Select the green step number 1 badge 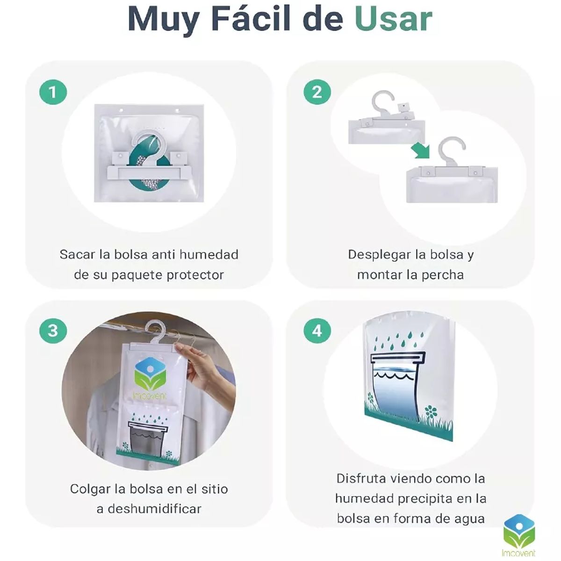[53, 92]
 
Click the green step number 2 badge [317, 92]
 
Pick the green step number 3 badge [53, 331]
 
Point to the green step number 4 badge [317, 331]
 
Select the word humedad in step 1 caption [209, 255]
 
